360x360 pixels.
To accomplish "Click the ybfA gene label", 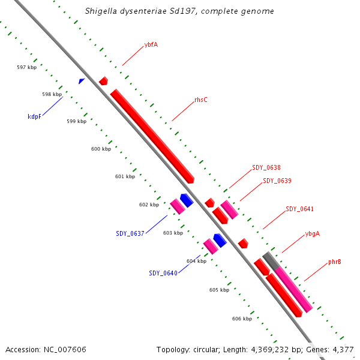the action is point(151,45).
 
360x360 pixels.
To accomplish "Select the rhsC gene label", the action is point(201,100).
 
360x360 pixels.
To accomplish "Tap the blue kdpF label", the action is point(34,116).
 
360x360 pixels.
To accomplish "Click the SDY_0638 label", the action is point(266,168).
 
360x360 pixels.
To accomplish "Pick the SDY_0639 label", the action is point(277,181).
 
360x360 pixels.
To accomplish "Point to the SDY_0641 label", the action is point(299,209).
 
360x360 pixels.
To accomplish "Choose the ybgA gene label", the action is point(313,233).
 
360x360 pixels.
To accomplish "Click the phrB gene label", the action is point(335,262).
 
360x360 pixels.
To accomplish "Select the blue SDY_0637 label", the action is point(130,233).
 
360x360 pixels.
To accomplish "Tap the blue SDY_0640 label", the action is point(163,273).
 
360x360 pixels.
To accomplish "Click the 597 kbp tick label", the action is point(27,67).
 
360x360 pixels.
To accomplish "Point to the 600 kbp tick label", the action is point(101,148).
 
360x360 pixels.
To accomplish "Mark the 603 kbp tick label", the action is point(173,233).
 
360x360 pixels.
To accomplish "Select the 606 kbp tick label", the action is point(242,319).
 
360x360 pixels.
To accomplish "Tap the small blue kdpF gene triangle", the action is point(82,80).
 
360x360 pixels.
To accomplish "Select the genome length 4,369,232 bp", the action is point(266,349).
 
